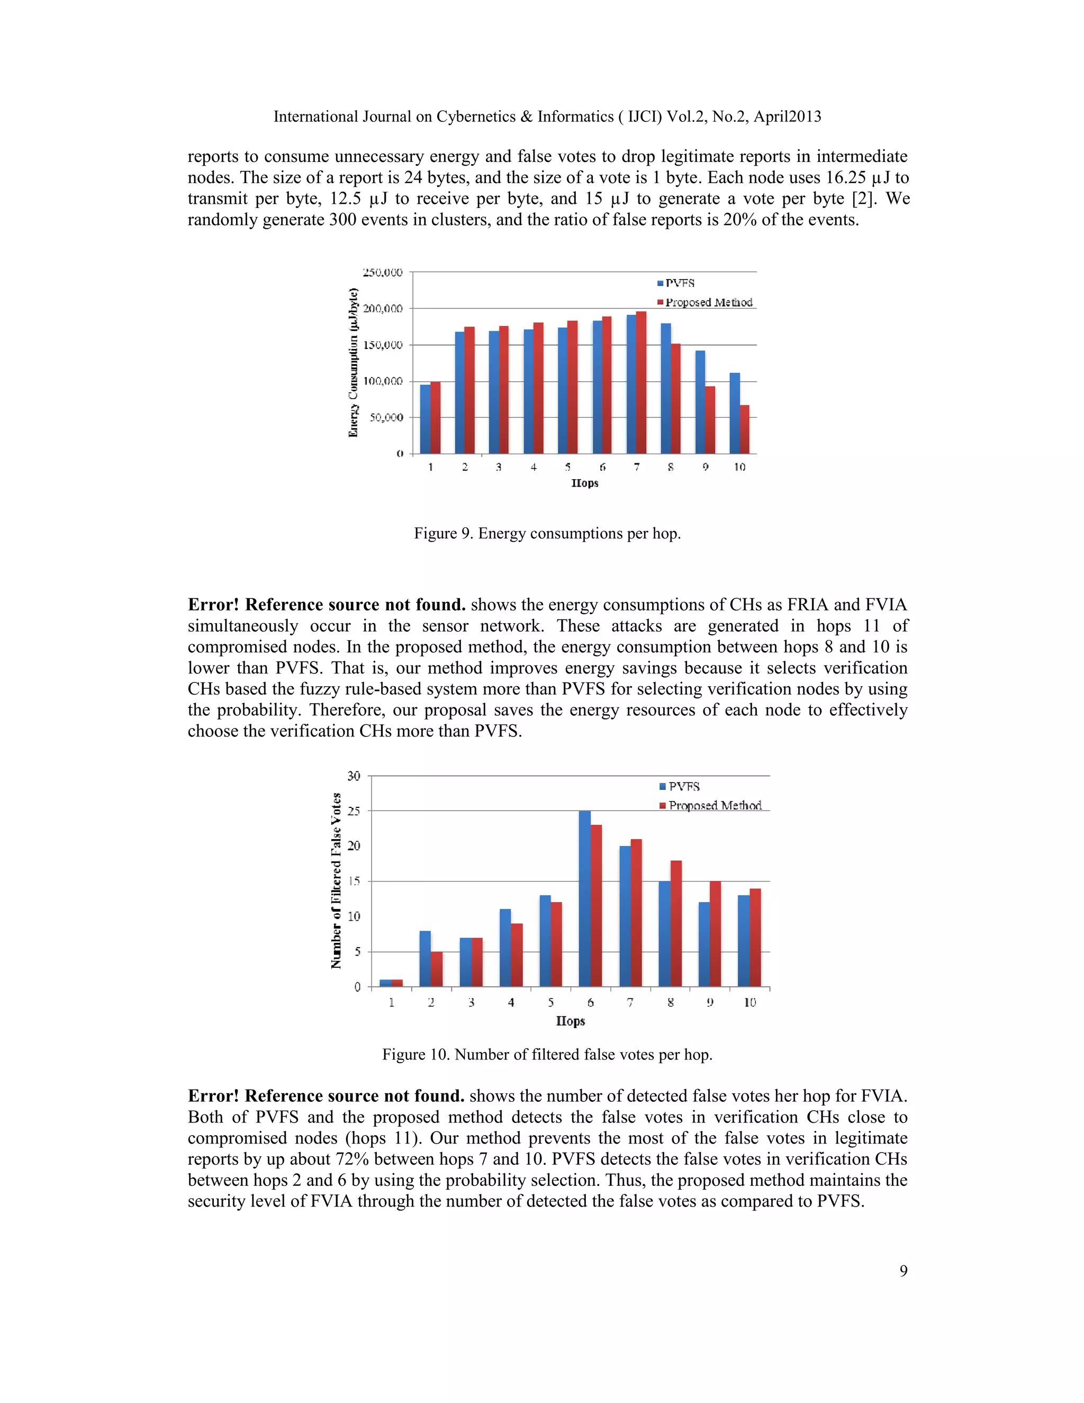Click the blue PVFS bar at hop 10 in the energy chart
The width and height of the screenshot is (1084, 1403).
735,413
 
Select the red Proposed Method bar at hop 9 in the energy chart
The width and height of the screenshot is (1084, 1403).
710,420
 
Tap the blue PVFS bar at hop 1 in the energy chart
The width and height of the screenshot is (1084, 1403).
425,419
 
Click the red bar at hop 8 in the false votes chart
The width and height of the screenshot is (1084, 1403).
675,923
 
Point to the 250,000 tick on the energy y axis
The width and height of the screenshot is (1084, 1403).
383,272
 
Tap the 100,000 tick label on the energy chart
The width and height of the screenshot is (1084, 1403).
383,382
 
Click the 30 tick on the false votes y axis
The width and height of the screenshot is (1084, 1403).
354,776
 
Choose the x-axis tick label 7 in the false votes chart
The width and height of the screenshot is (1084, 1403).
630,1003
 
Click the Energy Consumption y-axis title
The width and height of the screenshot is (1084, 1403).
353,363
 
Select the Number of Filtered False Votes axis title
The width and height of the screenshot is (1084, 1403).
336,881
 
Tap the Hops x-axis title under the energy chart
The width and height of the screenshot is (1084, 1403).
584,483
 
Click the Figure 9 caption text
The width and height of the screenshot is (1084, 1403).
547,533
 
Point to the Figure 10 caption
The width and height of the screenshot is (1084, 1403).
547,1054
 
